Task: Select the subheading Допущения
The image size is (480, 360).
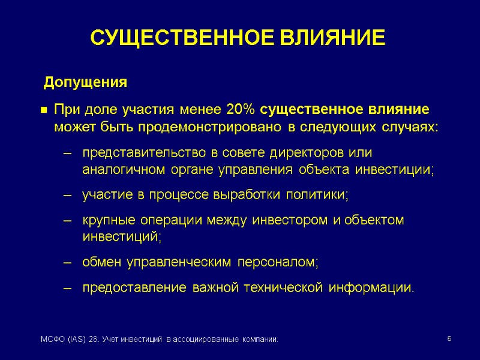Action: coord(86,82)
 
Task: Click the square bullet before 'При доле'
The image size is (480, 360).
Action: coord(44,111)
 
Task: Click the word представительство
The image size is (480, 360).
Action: coord(133,152)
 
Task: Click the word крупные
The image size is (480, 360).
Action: coord(106,220)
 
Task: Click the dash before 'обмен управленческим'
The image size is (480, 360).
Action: coord(68,263)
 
